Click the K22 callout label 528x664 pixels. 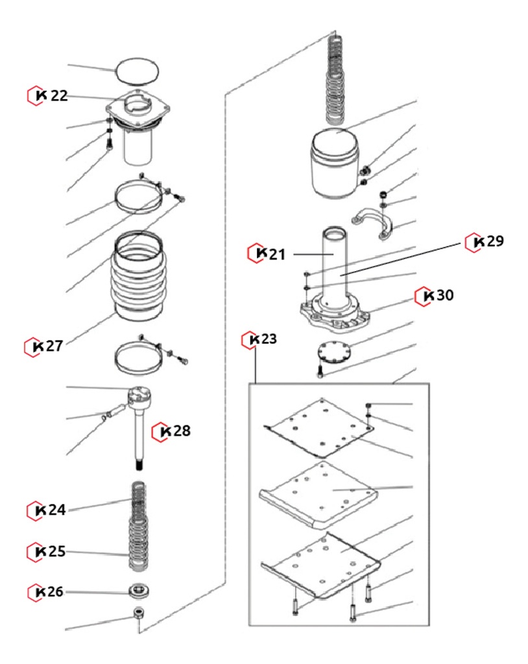48,96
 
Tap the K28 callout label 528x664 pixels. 172,431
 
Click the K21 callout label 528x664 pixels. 268,254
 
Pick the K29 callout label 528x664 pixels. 486,242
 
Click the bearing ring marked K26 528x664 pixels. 138,591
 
